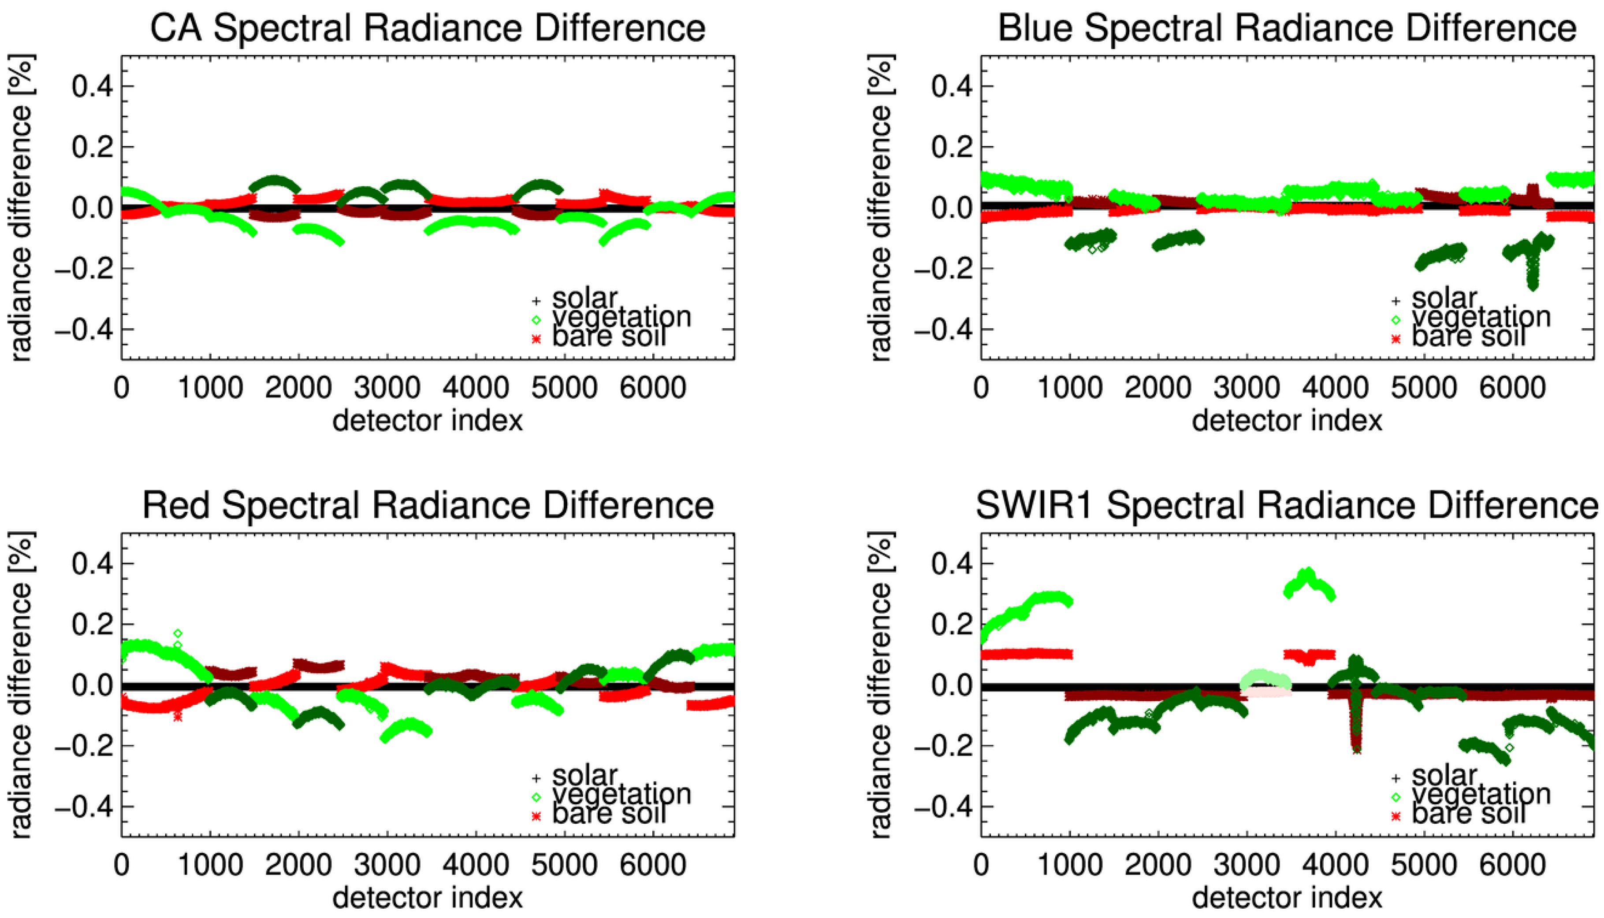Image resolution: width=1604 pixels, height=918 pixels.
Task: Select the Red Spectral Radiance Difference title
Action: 427,506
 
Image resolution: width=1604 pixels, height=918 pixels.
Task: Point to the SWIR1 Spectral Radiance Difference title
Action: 1287,506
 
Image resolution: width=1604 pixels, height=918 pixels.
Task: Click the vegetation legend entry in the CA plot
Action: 622,317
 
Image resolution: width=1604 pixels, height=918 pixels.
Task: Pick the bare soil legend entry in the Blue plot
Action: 1468,337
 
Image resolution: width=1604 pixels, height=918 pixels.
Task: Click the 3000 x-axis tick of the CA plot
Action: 387,387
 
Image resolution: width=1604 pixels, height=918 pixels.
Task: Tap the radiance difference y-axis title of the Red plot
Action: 20,685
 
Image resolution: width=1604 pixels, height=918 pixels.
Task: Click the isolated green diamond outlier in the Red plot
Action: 178,633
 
